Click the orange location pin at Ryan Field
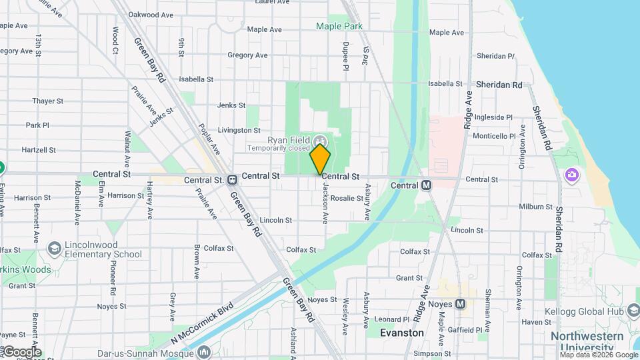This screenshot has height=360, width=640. tap(321, 158)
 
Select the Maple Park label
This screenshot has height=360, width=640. tap(339, 26)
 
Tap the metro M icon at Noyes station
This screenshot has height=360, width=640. tap(461, 304)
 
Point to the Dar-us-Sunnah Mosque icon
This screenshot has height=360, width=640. tap(205, 351)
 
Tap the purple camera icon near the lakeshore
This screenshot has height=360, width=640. tap(571, 175)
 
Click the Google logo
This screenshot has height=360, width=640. tap(21, 351)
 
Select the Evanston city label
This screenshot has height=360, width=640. tap(402, 332)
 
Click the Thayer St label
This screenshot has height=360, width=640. tap(47, 101)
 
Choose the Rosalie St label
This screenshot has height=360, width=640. tap(347, 198)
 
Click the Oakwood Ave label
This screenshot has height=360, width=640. tap(147, 14)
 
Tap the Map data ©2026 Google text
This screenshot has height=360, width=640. tap(597, 355)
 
